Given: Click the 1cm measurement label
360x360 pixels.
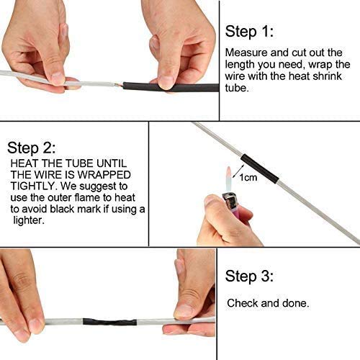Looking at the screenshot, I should (248, 177).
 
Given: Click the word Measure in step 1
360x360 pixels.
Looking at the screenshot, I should (244, 53).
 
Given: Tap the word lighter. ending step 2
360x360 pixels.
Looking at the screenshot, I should (27, 220).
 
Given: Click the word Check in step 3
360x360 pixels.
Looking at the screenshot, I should (243, 303).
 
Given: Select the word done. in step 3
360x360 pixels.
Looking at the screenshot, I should (297, 303).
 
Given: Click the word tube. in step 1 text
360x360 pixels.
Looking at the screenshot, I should (238, 88).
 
